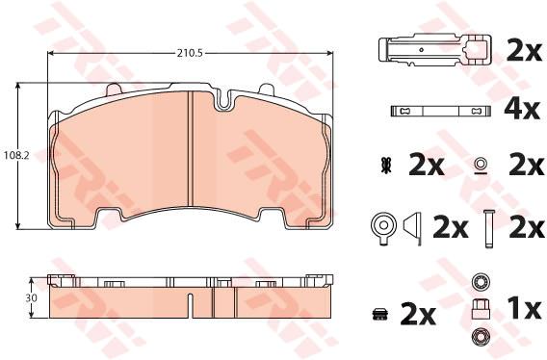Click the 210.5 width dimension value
click(190, 53)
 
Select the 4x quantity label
click(522, 111)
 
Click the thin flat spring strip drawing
click(441, 112)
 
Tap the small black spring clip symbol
click(386, 166)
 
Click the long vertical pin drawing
click(488, 228)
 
